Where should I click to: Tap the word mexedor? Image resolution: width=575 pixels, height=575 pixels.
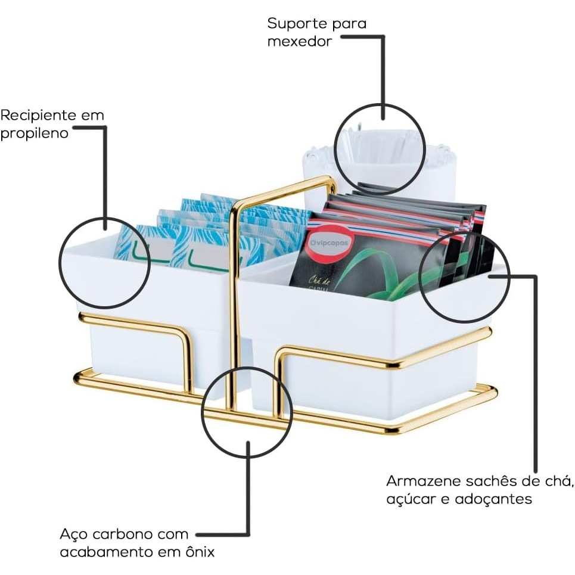pyautogui.click(x=299, y=42)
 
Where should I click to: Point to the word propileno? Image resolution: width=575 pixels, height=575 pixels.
pyautogui.click(x=34, y=133)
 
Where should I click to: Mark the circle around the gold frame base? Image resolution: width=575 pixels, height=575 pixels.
pyautogui.click(x=247, y=412)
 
